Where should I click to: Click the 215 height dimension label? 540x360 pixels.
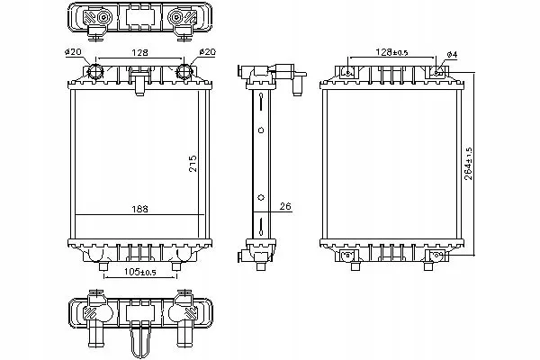tap(193, 164)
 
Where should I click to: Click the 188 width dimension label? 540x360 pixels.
tap(139, 209)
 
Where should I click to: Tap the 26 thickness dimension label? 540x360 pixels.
tap(285, 206)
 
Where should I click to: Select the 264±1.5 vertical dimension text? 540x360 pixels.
tap(468, 164)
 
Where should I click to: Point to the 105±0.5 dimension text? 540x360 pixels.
tap(140, 272)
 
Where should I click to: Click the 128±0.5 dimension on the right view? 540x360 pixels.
tap(391, 52)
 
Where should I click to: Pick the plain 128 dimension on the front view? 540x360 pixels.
tap(139, 52)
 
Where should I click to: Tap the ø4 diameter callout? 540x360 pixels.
tap(452, 54)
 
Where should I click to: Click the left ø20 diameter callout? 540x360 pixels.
tap(73, 52)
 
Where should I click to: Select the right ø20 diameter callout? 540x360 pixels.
tap(207, 52)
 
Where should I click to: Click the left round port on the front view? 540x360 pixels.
tap(95, 72)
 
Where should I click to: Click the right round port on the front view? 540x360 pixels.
tap(184, 72)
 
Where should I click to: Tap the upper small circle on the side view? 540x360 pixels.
tap(261, 130)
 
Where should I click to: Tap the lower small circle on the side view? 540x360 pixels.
tap(261, 197)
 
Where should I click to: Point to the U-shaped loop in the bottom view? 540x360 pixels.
tap(139, 345)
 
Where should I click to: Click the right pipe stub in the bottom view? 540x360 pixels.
tap(184, 333)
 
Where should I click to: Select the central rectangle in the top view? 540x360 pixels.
tap(139, 16)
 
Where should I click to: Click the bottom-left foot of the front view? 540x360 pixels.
tap(103, 266)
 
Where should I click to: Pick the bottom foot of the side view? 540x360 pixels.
tap(261, 266)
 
